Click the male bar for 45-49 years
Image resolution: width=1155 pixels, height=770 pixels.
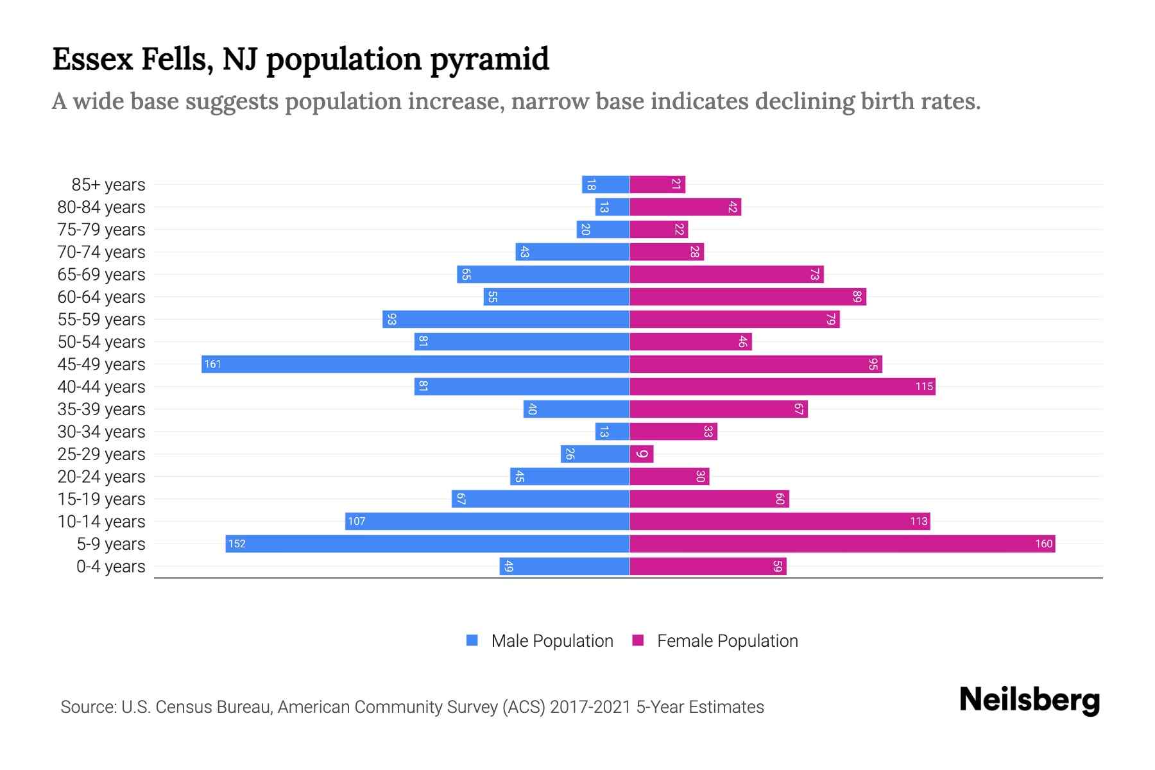[415, 364]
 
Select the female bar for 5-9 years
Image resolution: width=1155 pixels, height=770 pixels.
[842, 543]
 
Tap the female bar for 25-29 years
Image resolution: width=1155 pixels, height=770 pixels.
[642, 454]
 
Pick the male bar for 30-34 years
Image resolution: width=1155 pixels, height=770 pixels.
[612, 431]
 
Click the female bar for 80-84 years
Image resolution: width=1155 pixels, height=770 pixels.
[685, 207]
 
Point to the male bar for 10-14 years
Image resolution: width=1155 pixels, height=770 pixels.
[487, 521]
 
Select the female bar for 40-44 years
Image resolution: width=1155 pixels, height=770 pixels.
[782, 386]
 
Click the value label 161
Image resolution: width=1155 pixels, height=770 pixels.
[212, 364]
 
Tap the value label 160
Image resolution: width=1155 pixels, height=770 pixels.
[1043, 543]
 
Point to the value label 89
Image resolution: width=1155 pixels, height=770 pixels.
[857, 296]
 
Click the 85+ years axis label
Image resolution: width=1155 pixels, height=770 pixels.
[108, 185]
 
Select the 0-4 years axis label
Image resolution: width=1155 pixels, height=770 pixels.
[110, 567]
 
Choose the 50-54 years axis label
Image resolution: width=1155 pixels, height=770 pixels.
[101, 342]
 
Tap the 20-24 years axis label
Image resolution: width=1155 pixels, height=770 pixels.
[101, 477]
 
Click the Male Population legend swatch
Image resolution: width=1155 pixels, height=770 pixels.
[472, 640]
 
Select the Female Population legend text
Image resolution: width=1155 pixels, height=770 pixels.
[727, 640]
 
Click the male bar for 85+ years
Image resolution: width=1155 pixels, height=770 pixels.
[605, 184]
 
